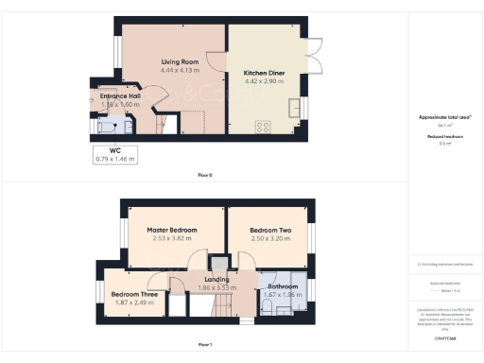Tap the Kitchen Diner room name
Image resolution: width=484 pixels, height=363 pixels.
[x=265, y=72]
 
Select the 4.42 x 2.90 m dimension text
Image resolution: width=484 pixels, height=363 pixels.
[x=265, y=81]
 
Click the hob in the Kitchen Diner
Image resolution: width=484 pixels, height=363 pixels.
[x=262, y=126]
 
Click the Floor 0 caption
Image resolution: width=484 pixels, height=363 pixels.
[x=205, y=176]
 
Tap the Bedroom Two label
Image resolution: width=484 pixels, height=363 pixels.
[x=270, y=230]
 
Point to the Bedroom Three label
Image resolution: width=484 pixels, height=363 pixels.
[x=132, y=294]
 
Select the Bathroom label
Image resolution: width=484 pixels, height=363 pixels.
[x=284, y=285]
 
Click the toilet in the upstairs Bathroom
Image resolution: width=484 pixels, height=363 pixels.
[x=295, y=286]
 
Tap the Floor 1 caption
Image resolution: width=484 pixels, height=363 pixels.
[x=205, y=344]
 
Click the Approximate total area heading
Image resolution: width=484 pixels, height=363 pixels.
[x=444, y=116]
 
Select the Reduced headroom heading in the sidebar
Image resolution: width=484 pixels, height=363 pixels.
[x=444, y=136]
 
